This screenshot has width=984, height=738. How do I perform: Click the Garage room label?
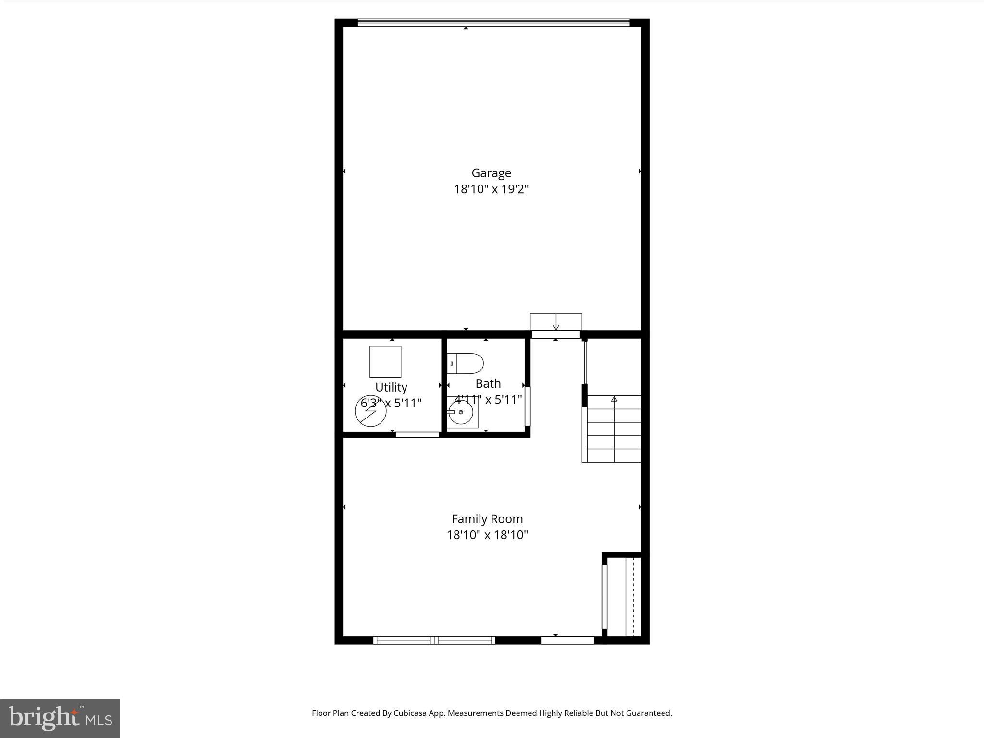[491, 173]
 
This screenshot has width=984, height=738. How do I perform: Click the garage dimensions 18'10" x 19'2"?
[491, 189]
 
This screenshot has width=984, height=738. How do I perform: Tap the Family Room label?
[487, 519]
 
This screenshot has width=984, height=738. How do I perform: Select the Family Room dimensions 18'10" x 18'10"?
[487, 535]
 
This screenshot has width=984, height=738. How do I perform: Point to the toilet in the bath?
[465, 364]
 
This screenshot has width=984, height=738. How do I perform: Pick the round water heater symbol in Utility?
[370, 411]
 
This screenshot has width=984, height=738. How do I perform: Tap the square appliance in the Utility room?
[385, 362]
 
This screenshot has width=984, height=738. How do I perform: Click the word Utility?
[391, 387]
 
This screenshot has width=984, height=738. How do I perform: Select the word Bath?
[488, 384]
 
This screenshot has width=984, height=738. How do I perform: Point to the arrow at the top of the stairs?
[614, 399]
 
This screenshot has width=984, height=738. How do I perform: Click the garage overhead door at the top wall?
[493, 22]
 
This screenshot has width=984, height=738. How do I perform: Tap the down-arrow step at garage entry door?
[556, 322]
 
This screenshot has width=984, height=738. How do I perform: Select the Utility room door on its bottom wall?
[417, 435]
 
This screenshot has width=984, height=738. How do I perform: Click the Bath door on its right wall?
[527, 406]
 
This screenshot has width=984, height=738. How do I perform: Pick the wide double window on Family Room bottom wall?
[434, 640]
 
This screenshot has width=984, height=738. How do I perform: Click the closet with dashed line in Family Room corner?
[624, 596]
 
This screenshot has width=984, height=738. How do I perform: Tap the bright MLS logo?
[60, 718]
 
